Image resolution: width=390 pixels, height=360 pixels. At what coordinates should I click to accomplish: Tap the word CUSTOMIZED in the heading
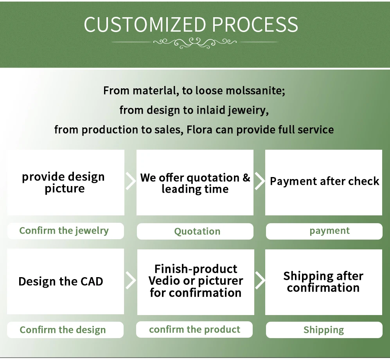[145, 25]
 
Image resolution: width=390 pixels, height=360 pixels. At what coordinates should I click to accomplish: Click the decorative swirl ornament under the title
[194, 42]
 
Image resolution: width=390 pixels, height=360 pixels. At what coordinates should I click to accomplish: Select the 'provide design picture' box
[66, 183]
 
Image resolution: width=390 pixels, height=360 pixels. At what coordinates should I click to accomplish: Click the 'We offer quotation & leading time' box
[195, 183]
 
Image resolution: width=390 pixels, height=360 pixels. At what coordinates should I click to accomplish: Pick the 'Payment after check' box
[324, 183]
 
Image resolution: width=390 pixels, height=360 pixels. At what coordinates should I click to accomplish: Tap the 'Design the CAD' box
[66, 281]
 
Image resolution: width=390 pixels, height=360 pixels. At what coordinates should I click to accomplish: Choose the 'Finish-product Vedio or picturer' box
[195, 281]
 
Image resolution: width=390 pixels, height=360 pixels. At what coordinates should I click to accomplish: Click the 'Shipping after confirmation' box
[324, 282]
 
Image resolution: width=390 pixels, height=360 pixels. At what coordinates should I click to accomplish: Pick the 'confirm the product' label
[195, 330]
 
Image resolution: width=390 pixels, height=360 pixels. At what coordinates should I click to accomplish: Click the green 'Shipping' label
[324, 330]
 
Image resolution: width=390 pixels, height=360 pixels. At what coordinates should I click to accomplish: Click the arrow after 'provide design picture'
[131, 181]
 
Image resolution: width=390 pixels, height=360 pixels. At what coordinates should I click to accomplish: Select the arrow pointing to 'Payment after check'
[259, 181]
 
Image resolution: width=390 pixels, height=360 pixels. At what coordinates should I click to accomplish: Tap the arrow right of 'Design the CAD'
[131, 280]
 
